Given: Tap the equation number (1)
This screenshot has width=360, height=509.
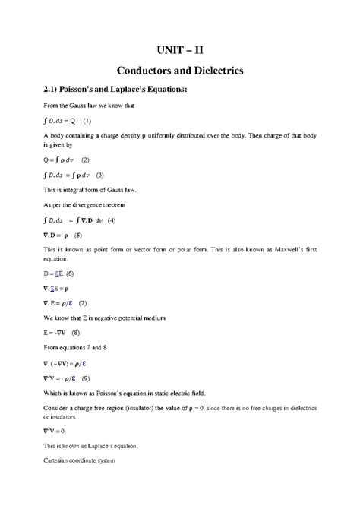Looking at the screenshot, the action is pos(87,121).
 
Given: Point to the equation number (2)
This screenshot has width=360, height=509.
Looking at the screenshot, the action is pos(84,160).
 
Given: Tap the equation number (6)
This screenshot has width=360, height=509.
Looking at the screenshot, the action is pos(69,272).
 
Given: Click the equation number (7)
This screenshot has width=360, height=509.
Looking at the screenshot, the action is pos(83,303).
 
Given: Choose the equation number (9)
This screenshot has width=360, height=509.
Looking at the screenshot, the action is pos(87,378).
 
